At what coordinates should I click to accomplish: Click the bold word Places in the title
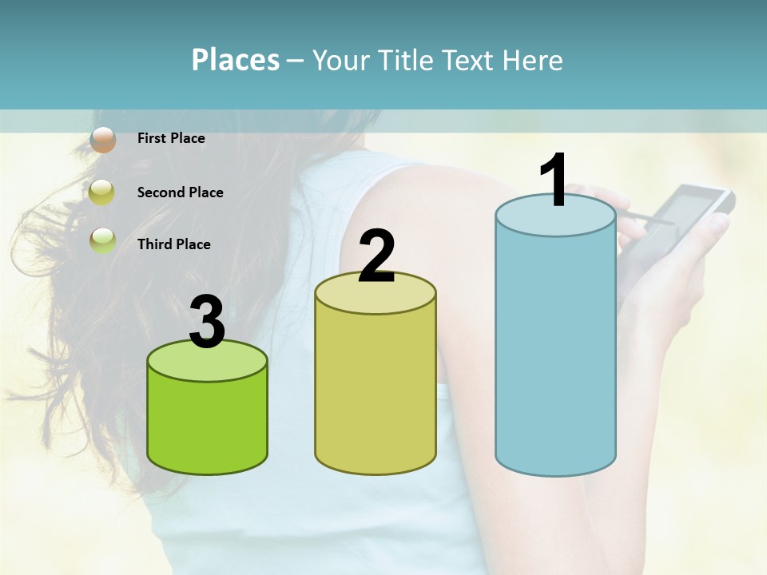pos(236,60)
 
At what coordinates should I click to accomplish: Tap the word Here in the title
pos(532,60)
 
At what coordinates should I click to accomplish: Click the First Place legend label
pos(171,138)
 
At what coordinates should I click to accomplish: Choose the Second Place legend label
pos(180,192)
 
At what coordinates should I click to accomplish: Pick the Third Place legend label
pos(173,244)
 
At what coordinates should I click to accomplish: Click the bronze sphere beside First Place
pos(103,139)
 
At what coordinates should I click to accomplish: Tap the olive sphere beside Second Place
pos(103,192)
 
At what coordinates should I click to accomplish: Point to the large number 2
pos(377,256)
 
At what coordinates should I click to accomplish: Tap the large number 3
pos(208,323)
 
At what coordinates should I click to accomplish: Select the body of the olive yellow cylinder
pos(376,391)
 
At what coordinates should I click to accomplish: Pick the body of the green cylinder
pos(208,423)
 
